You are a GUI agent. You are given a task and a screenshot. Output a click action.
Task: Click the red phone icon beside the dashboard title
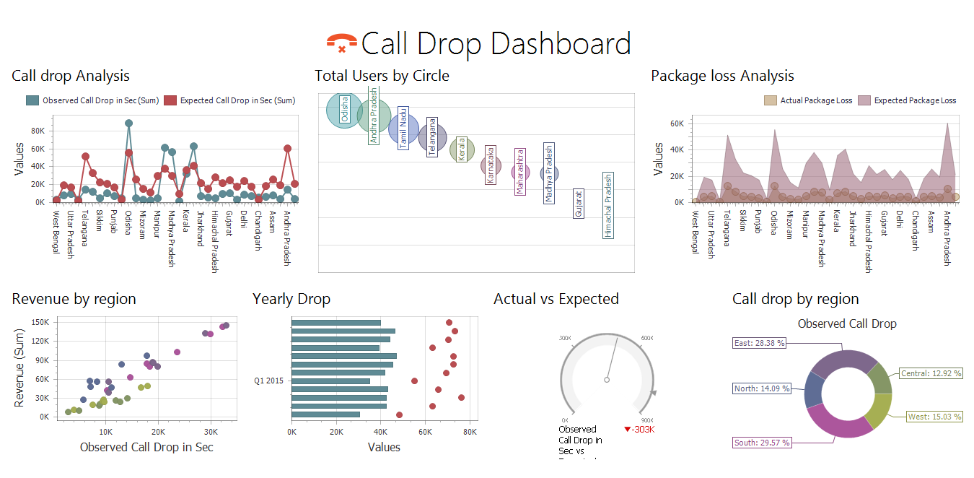click(341, 43)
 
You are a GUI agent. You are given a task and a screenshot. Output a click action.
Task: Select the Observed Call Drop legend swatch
click(32, 101)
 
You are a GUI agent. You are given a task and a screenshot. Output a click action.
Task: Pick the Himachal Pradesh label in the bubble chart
click(608, 205)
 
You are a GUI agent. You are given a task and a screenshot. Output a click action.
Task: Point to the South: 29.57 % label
click(762, 443)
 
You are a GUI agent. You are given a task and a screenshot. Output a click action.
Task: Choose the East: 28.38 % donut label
click(759, 344)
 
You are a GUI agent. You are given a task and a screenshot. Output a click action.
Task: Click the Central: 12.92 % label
click(931, 374)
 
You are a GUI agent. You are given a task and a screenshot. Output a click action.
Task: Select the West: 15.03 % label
click(935, 417)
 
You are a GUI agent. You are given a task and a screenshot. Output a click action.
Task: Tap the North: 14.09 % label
click(762, 388)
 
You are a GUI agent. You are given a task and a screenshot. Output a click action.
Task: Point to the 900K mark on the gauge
click(647, 420)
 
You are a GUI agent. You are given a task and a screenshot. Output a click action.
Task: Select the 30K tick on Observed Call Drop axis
click(210, 433)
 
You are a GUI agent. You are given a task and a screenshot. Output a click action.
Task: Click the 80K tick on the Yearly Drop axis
click(470, 433)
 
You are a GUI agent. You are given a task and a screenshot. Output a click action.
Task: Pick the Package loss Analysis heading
click(722, 76)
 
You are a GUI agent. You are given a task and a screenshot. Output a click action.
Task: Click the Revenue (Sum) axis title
click(19, 369)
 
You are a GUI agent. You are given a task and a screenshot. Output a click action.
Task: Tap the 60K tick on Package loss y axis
click(676, 124)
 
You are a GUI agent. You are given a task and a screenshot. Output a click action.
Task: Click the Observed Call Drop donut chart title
click(846, 324)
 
